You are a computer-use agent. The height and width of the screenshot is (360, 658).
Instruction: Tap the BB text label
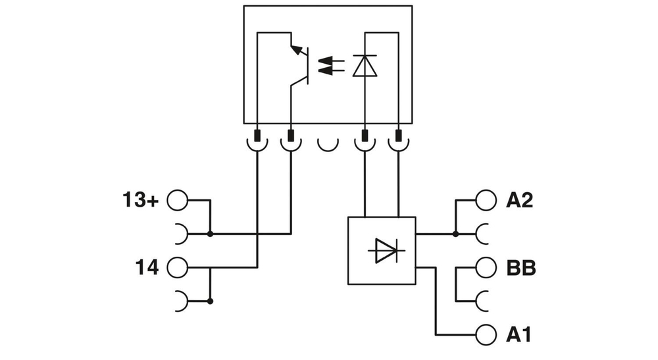pyautogui.click(x=520, y=268)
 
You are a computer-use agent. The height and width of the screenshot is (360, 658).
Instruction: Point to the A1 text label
pyautogui.click(x=519, y=335)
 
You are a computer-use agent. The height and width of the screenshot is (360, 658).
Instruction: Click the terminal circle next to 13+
pyautogui.click(x=177, y=200)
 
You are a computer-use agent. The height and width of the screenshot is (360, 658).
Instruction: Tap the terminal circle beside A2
pyautogui.click(x=485, y=200)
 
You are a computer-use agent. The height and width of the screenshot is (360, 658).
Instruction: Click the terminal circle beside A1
pyautogui.click(x=485, y=334)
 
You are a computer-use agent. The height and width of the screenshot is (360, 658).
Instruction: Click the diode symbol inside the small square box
pyautogui.click(x=382, y=251)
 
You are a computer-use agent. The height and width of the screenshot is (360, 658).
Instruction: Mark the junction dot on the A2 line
pyautogui.click(x=455, y=234)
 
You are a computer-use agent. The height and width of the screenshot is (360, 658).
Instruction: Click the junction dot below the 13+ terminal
pyautogui.click(x=210, y=234)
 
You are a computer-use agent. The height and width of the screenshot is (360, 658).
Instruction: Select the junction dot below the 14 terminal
pyautogui.click(x=210, y=301)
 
